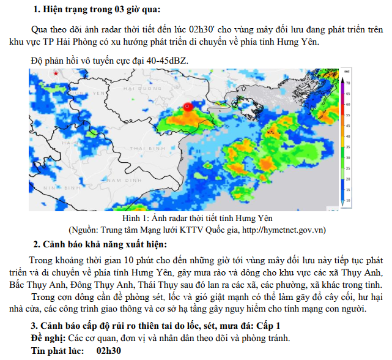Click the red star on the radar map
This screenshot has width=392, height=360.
pos(56,73)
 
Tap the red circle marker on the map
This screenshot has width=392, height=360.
pos(188,106)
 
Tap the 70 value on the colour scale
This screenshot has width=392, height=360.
pos(347,81)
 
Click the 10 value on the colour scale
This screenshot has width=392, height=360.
pos(347,200)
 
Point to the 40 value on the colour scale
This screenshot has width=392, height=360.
pos(347,136)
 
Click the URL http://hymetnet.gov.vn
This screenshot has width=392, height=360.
pos(284,230)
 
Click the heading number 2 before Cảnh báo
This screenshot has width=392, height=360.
pos(35,245)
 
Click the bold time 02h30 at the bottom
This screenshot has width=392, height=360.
pos(109,351)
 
